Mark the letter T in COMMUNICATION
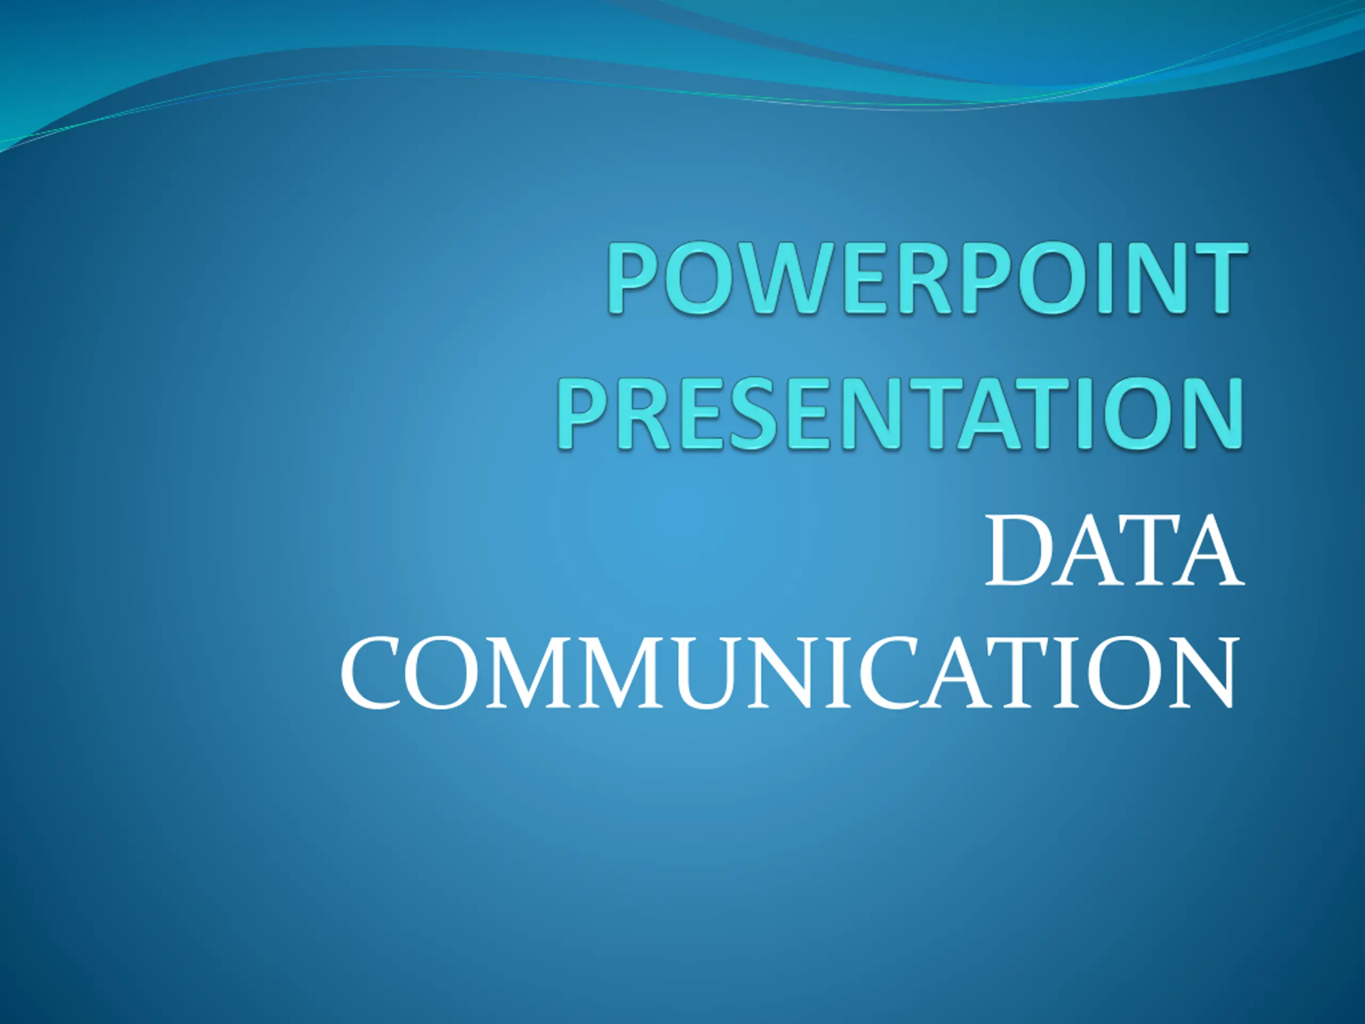click(1025, 673)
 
